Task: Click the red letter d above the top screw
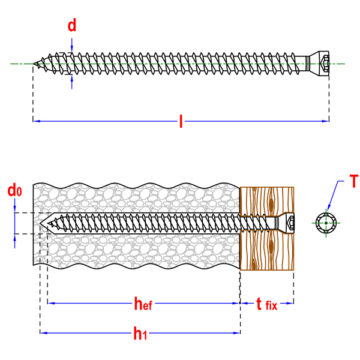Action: coord(71,25)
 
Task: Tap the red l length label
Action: coord(181,121)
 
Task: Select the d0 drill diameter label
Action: coord(14,190)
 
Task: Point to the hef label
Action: coord(143,303)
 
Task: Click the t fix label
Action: coord(267,304)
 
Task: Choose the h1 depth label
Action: coord(140,333)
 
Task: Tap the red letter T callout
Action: coord(353,181)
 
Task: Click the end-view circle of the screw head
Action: coord(326,223)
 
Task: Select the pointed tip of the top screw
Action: coord(34,64)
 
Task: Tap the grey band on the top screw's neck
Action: coord(308,64)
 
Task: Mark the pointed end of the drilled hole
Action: coord(40,223)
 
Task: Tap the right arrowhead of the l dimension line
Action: coord(326,121)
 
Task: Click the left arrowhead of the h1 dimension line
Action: coord(44,333)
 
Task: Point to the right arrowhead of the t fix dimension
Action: coord(290,303)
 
